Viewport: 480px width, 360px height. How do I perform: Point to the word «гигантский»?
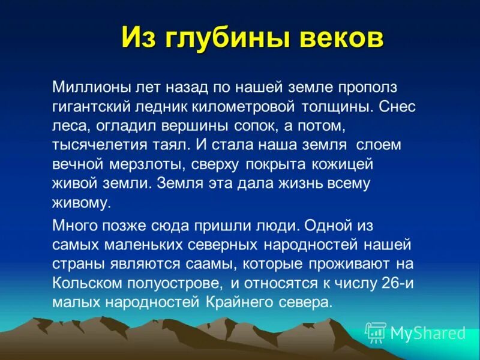point(90,107)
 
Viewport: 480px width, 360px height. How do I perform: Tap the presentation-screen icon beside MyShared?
point(376,332)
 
